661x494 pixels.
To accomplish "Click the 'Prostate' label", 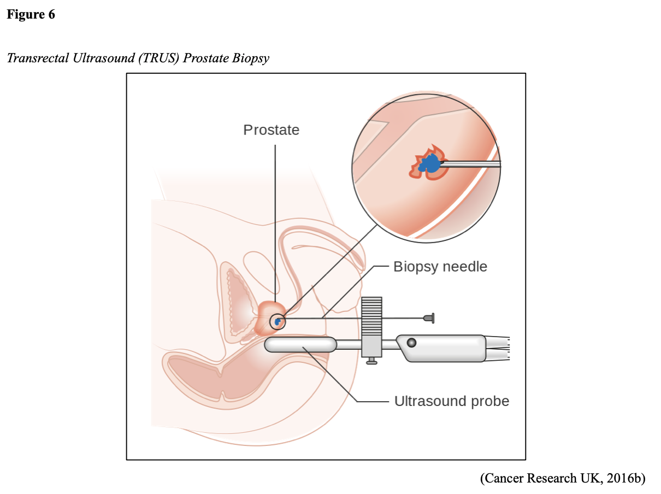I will click(x=271, y=130).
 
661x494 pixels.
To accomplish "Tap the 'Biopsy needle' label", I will click(x=440, y=267).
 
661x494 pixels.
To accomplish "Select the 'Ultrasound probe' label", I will click(x=451, y=401).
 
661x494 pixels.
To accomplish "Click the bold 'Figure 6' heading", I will click(x=31, y=15).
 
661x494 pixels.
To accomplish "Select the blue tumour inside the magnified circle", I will click(x=430, y=163).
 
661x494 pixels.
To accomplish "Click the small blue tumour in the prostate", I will click(x=278, y=321).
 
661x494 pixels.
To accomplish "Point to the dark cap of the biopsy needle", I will click(x=429, y=317).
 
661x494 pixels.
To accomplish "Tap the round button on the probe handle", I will click(x=411, y=343).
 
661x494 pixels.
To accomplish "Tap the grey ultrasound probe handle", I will click(x=442, y=348).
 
